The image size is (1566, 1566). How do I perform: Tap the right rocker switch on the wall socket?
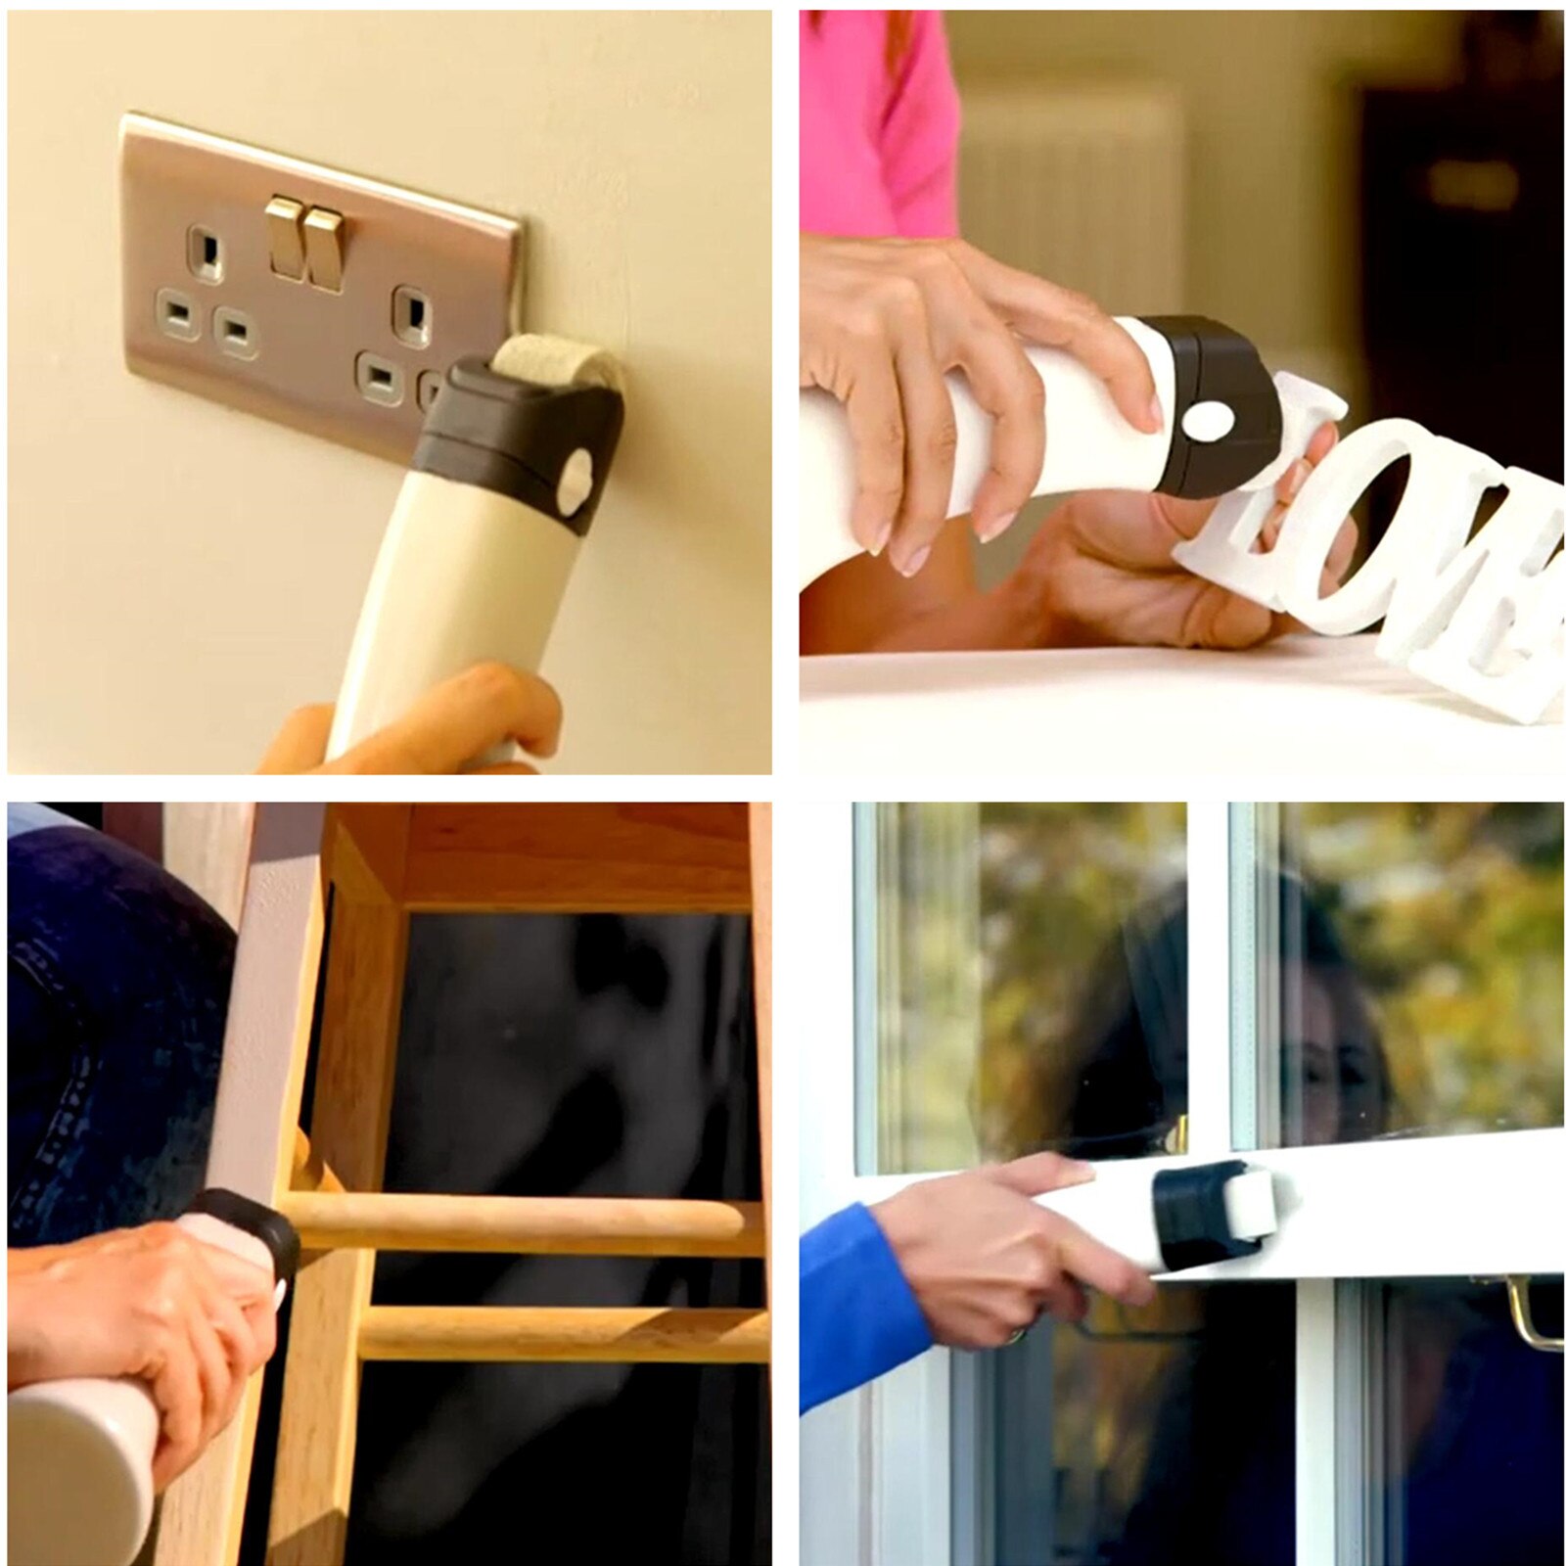pyautogui.click(x=324, y=249)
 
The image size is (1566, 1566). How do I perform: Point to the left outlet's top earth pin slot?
pyautogui.click(x=206, y=253)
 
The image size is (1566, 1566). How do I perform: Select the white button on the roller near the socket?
pyautogui.click(x=576, y=478)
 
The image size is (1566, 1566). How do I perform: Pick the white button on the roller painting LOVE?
pyautogui.click(x=1207, y=422)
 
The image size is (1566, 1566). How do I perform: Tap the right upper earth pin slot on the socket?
pyautogui.click(x=413, y=313)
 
